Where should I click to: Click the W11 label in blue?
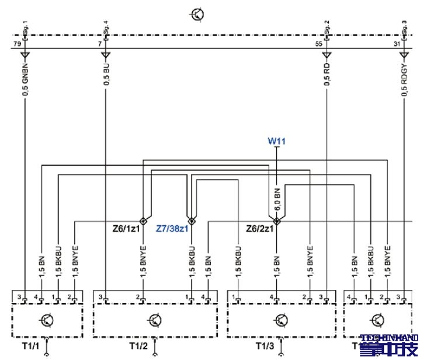[276, 141]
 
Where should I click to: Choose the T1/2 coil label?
[138, 346]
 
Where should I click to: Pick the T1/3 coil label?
[265, 346]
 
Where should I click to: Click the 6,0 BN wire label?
[277, 198]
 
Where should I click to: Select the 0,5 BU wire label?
[106, 74]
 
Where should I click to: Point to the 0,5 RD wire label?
[327, 74]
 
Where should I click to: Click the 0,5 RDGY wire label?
[404, 76]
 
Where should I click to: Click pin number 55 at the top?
[318, 44]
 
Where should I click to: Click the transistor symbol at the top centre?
[197, 14]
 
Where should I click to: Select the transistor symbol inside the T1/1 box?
[46, 319]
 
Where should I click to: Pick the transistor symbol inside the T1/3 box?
[282, 320]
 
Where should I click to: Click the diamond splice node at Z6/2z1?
[277, 222]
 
